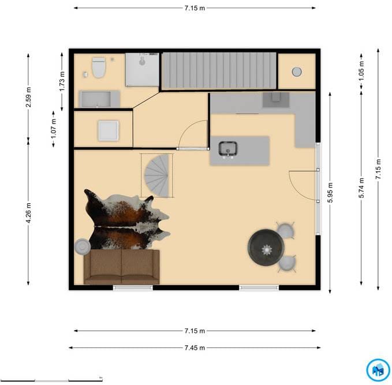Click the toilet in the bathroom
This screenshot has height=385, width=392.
(x=99, y=68)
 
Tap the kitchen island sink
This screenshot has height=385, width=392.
(x=227, y=149)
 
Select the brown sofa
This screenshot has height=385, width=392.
(x=121, y=267)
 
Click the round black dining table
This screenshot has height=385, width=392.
(x=266, y=247)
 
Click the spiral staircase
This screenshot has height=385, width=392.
(x=157, y=175)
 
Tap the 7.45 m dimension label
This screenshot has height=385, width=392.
(x=195, y=347)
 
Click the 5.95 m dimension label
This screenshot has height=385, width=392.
(x=330, y=193)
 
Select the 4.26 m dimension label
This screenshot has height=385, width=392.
(x=28, y=213)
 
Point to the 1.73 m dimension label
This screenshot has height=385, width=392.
(x=62, y=81)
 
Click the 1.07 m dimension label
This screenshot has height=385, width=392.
(x=53, y=129)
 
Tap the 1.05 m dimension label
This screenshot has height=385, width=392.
(x=361, y=71)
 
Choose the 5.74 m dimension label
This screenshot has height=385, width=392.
(x=361, y=188)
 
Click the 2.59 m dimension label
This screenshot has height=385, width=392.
(x=28, y=97)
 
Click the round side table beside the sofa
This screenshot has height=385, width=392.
(x=82, y=246)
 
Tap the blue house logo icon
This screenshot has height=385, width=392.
(x=378, y=370)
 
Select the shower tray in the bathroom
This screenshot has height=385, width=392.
(x=142, y=70)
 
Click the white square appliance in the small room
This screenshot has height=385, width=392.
(x=109, y=130)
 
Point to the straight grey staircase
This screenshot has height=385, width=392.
(x=219, y=70)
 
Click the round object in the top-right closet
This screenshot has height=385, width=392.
(x=297, y=72)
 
